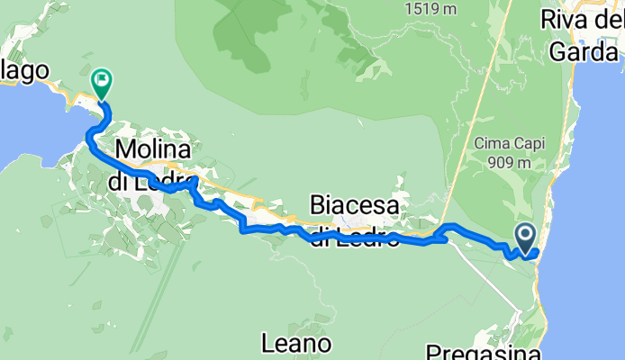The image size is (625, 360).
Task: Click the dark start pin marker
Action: point(526,238)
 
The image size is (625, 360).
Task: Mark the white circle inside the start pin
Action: point(526,234)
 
